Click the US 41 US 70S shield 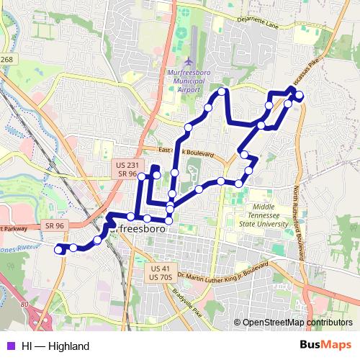tap(161, 272)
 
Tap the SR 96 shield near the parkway tap(55, 225)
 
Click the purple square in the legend tap(11, 346)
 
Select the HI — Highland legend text tap(55, 346)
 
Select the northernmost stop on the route tap(222, 91)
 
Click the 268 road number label tap(6, 60)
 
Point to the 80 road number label tap(25, 305)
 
